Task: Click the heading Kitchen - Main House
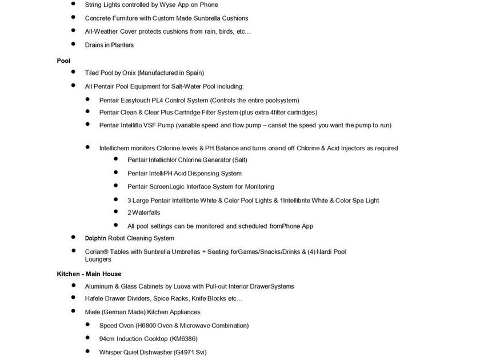tap(89, 274)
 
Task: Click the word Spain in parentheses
tap(193, 73)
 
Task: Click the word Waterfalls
tap(146, 213)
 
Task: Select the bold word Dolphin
tap(97, 238)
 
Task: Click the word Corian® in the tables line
tap(98, 251)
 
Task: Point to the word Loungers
tap(98, 259)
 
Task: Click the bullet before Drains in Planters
tap(74, 44)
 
